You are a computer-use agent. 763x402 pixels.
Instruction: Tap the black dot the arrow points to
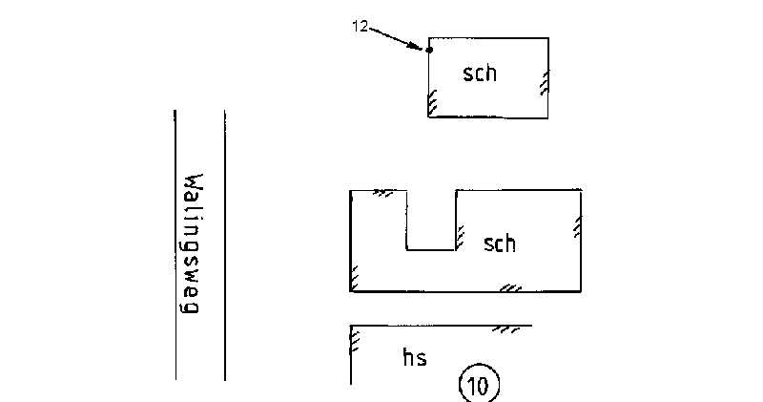[x=429, y=50]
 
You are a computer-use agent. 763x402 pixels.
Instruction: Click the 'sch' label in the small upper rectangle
[x=480, y=73]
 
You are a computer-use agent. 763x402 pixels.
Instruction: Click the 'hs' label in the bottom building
[x=414, y=358]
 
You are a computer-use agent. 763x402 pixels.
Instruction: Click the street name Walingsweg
[x=193, y=245]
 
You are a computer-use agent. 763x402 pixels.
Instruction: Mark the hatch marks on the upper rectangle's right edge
[x=545, y=83]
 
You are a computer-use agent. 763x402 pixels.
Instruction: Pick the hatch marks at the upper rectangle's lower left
[x=432, y=101]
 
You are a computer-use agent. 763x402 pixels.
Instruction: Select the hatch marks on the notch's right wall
[x=460, y=233]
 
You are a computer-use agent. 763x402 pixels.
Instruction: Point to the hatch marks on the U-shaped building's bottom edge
[x=511, y=286]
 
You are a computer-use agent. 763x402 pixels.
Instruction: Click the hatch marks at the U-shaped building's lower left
[x=355, y=278]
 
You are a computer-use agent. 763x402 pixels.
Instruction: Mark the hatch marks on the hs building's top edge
[x=505, y=329]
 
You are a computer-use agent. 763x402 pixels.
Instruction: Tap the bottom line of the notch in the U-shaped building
[x=431, y=250]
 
